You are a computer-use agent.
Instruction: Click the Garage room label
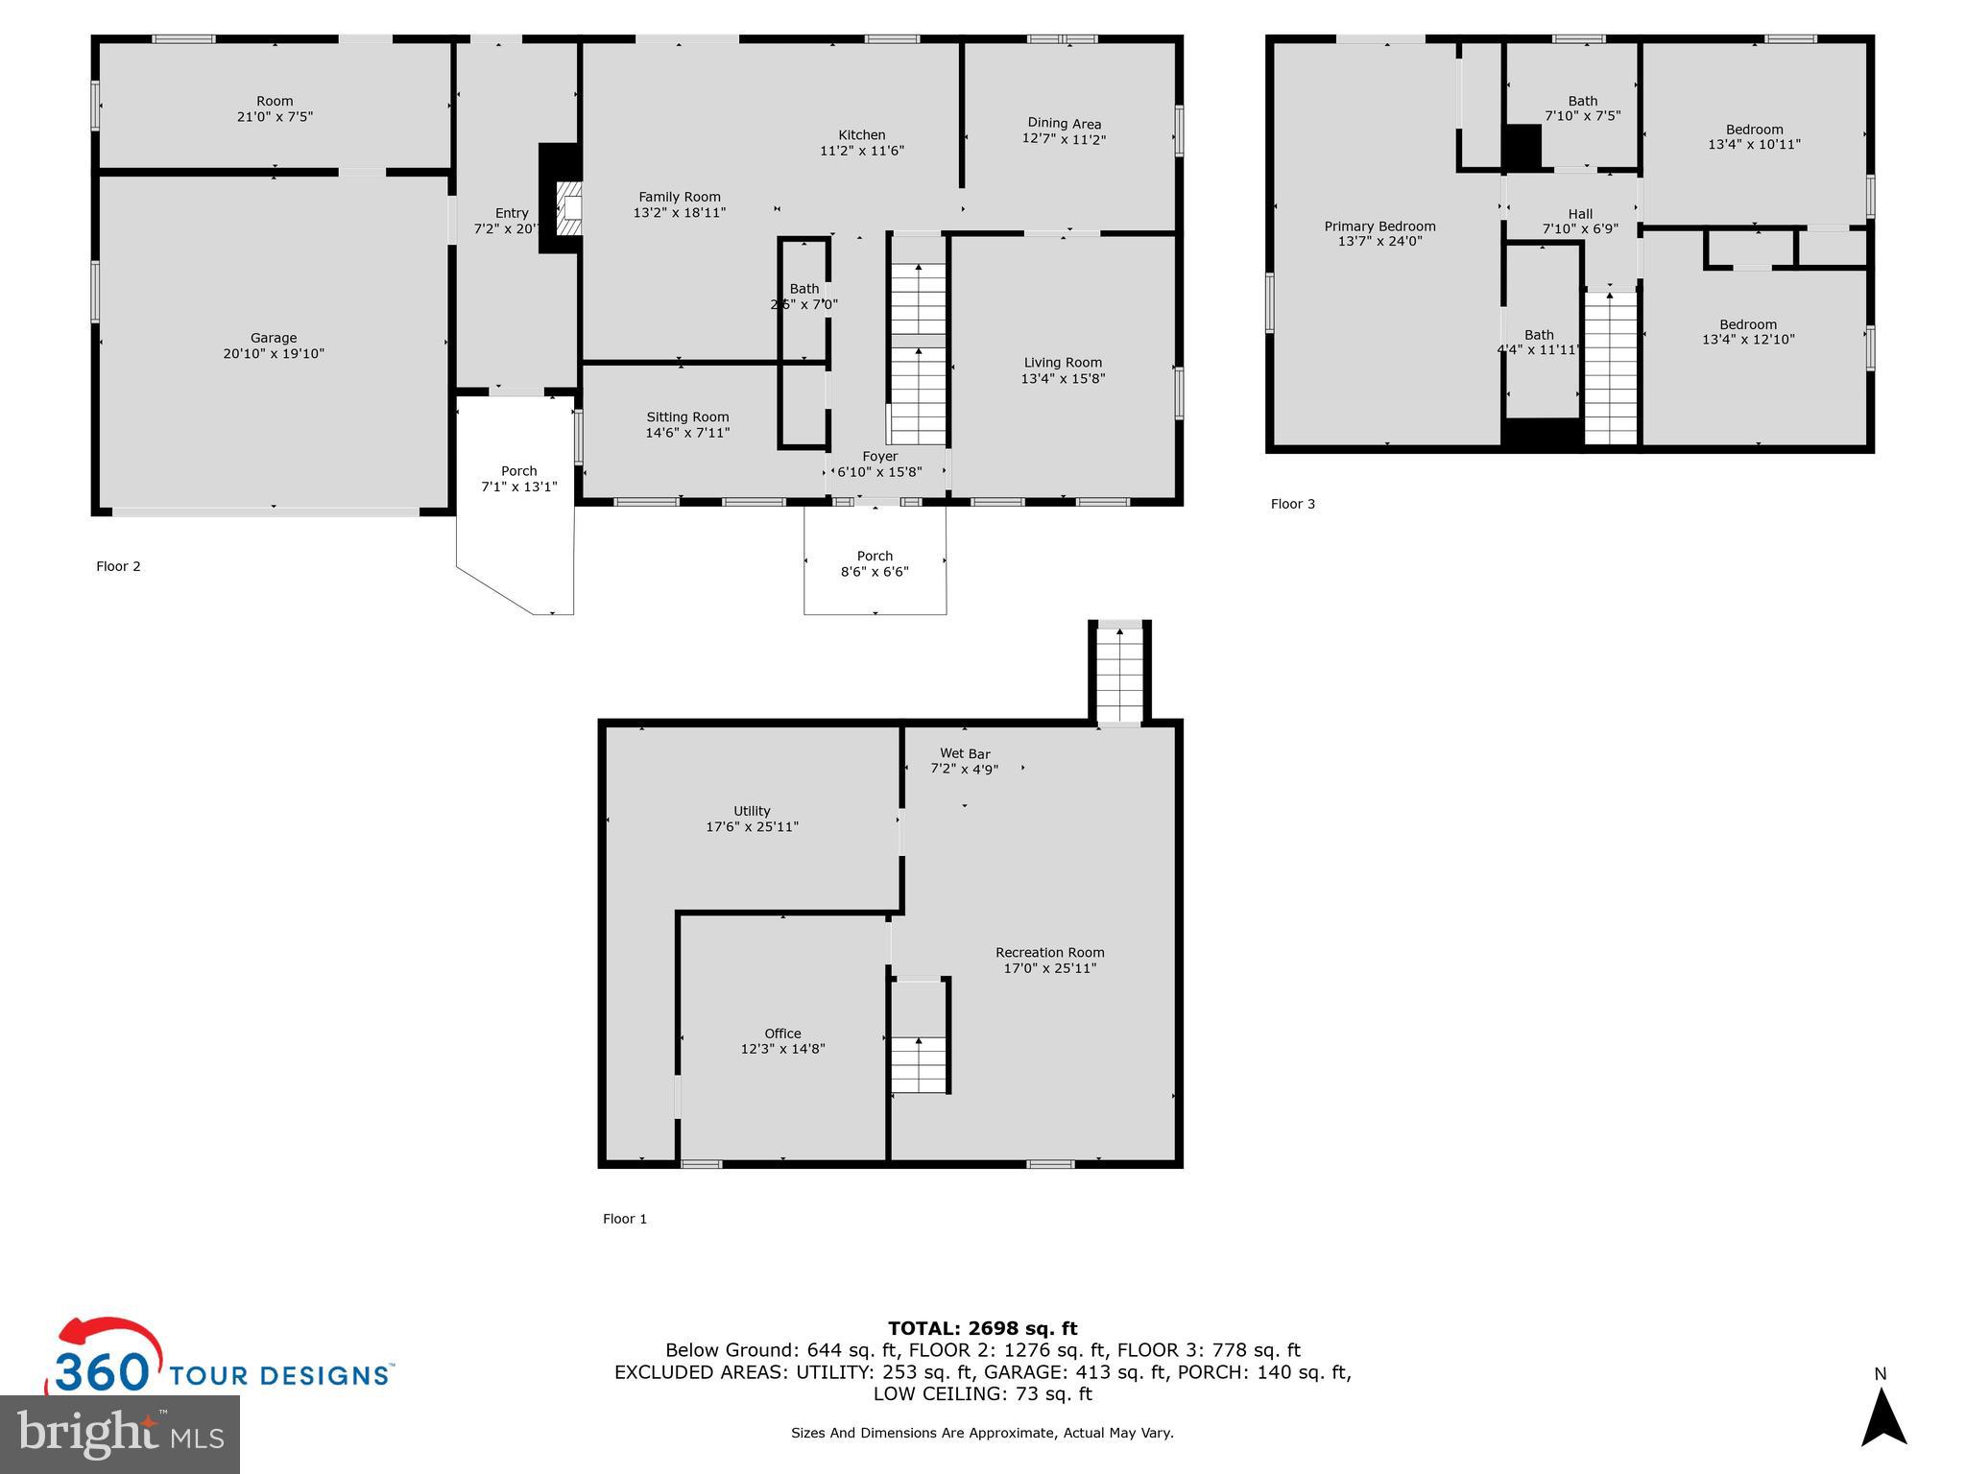tap(274, 338)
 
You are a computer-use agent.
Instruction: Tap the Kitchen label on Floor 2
tap(861, 135)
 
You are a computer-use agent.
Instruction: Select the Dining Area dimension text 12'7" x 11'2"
tap(1064, 139)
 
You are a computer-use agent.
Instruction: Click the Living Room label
tap(1063, 363)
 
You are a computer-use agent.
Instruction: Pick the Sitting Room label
tap(687, 417)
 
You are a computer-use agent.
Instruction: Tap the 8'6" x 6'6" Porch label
tap(875, 564)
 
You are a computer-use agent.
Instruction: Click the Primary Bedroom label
tap(1379, 226)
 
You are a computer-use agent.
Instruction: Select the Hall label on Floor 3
tap(1580, 214)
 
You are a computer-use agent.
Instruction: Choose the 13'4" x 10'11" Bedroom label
tap(1754, 137)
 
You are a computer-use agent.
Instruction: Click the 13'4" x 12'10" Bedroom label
tap(1748, 332)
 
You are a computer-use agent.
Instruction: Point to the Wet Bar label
tap(965, 754)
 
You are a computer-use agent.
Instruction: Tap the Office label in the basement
tap(782, 1034)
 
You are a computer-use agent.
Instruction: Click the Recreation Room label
tap(1049, 953)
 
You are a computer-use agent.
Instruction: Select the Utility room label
tap(752, 811)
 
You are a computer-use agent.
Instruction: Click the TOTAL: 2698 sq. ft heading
tap(982, 1328)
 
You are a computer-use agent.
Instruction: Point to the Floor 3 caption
tap(1292, 504)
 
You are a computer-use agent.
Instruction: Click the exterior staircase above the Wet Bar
tap(1119, 672)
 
